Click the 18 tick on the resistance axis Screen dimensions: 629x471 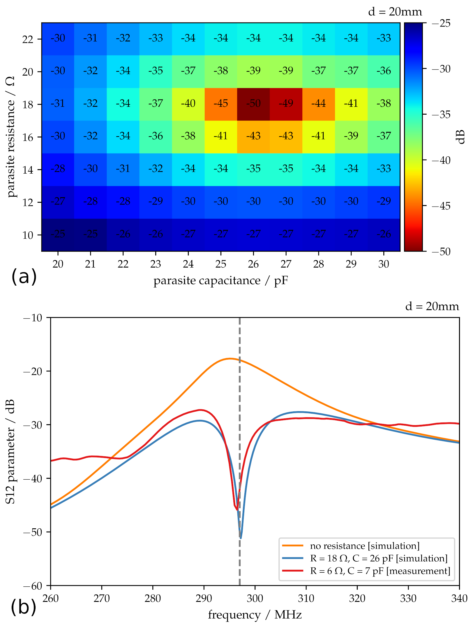tap(28, 104)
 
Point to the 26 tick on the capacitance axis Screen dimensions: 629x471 tap(253, 264)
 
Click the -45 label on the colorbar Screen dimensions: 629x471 tap(441, 206)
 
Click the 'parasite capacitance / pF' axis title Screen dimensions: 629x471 tap(221, 281)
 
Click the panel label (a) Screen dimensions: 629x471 tap(24, 276)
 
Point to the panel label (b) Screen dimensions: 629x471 tap(23, 607)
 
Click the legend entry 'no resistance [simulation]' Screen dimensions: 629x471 tap(365, 546)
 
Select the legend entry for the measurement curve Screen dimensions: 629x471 tap(380, 571)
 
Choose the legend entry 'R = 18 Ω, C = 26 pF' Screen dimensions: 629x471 tap(379, 558)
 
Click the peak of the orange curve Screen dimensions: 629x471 tap(230, 358)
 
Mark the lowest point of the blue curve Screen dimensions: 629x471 tap(241, 538)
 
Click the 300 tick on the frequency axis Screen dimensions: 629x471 tap(255, 598)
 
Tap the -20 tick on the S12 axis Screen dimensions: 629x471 tap(33, 371)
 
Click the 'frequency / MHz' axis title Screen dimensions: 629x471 tap(255, 615)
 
